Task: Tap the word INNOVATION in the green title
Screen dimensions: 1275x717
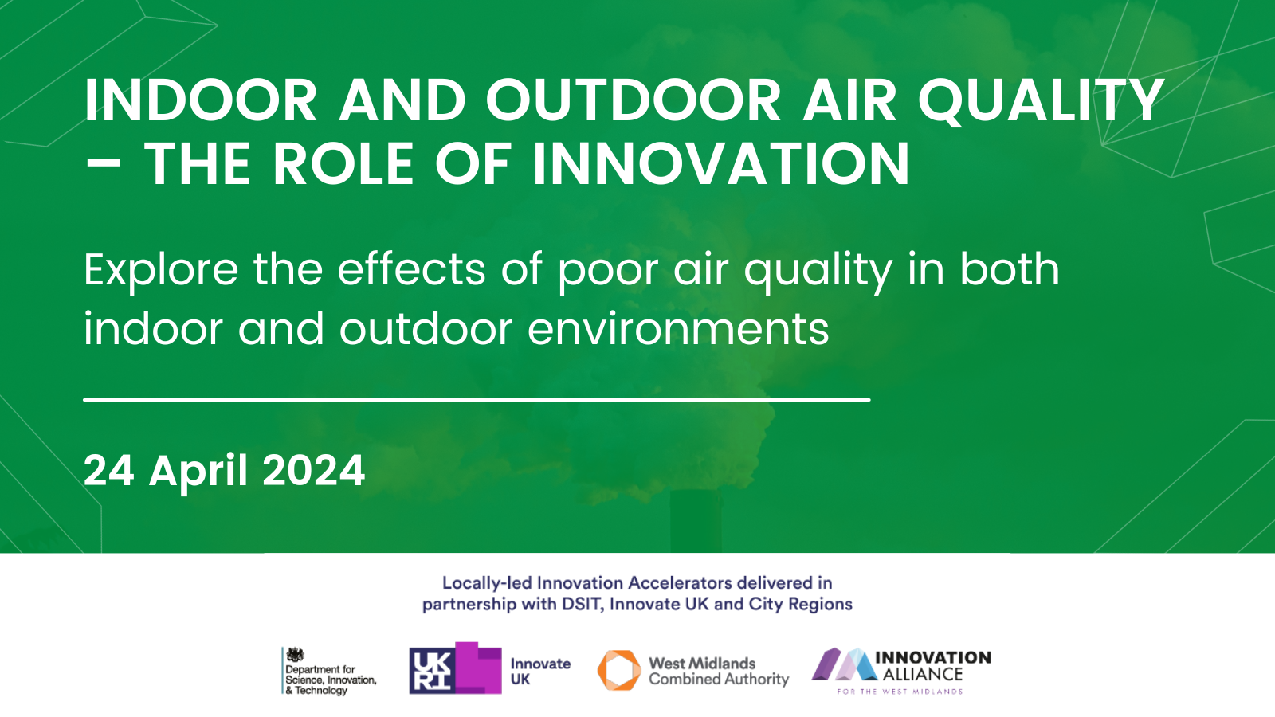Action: pos(721,164)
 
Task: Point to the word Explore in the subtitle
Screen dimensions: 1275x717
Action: pos(161,271)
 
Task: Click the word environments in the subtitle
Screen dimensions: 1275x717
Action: pos(678,329)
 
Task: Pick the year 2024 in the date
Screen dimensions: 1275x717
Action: pos(314,471)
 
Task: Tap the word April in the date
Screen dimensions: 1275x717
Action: pos(198,472)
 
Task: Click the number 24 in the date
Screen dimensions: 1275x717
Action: pos(108,471)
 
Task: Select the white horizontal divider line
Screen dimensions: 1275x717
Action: pos(477,400)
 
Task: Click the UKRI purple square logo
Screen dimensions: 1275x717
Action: pos(455,668)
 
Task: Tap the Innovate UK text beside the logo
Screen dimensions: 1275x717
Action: pos(540,672)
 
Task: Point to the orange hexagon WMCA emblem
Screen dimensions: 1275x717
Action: pos(619,670)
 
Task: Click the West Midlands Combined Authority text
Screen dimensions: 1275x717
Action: pos(719,672)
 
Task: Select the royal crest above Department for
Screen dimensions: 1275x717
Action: pos(295,655)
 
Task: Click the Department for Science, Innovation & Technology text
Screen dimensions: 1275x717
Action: pos(331,680)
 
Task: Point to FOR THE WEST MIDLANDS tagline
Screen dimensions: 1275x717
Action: pos(900,692)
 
